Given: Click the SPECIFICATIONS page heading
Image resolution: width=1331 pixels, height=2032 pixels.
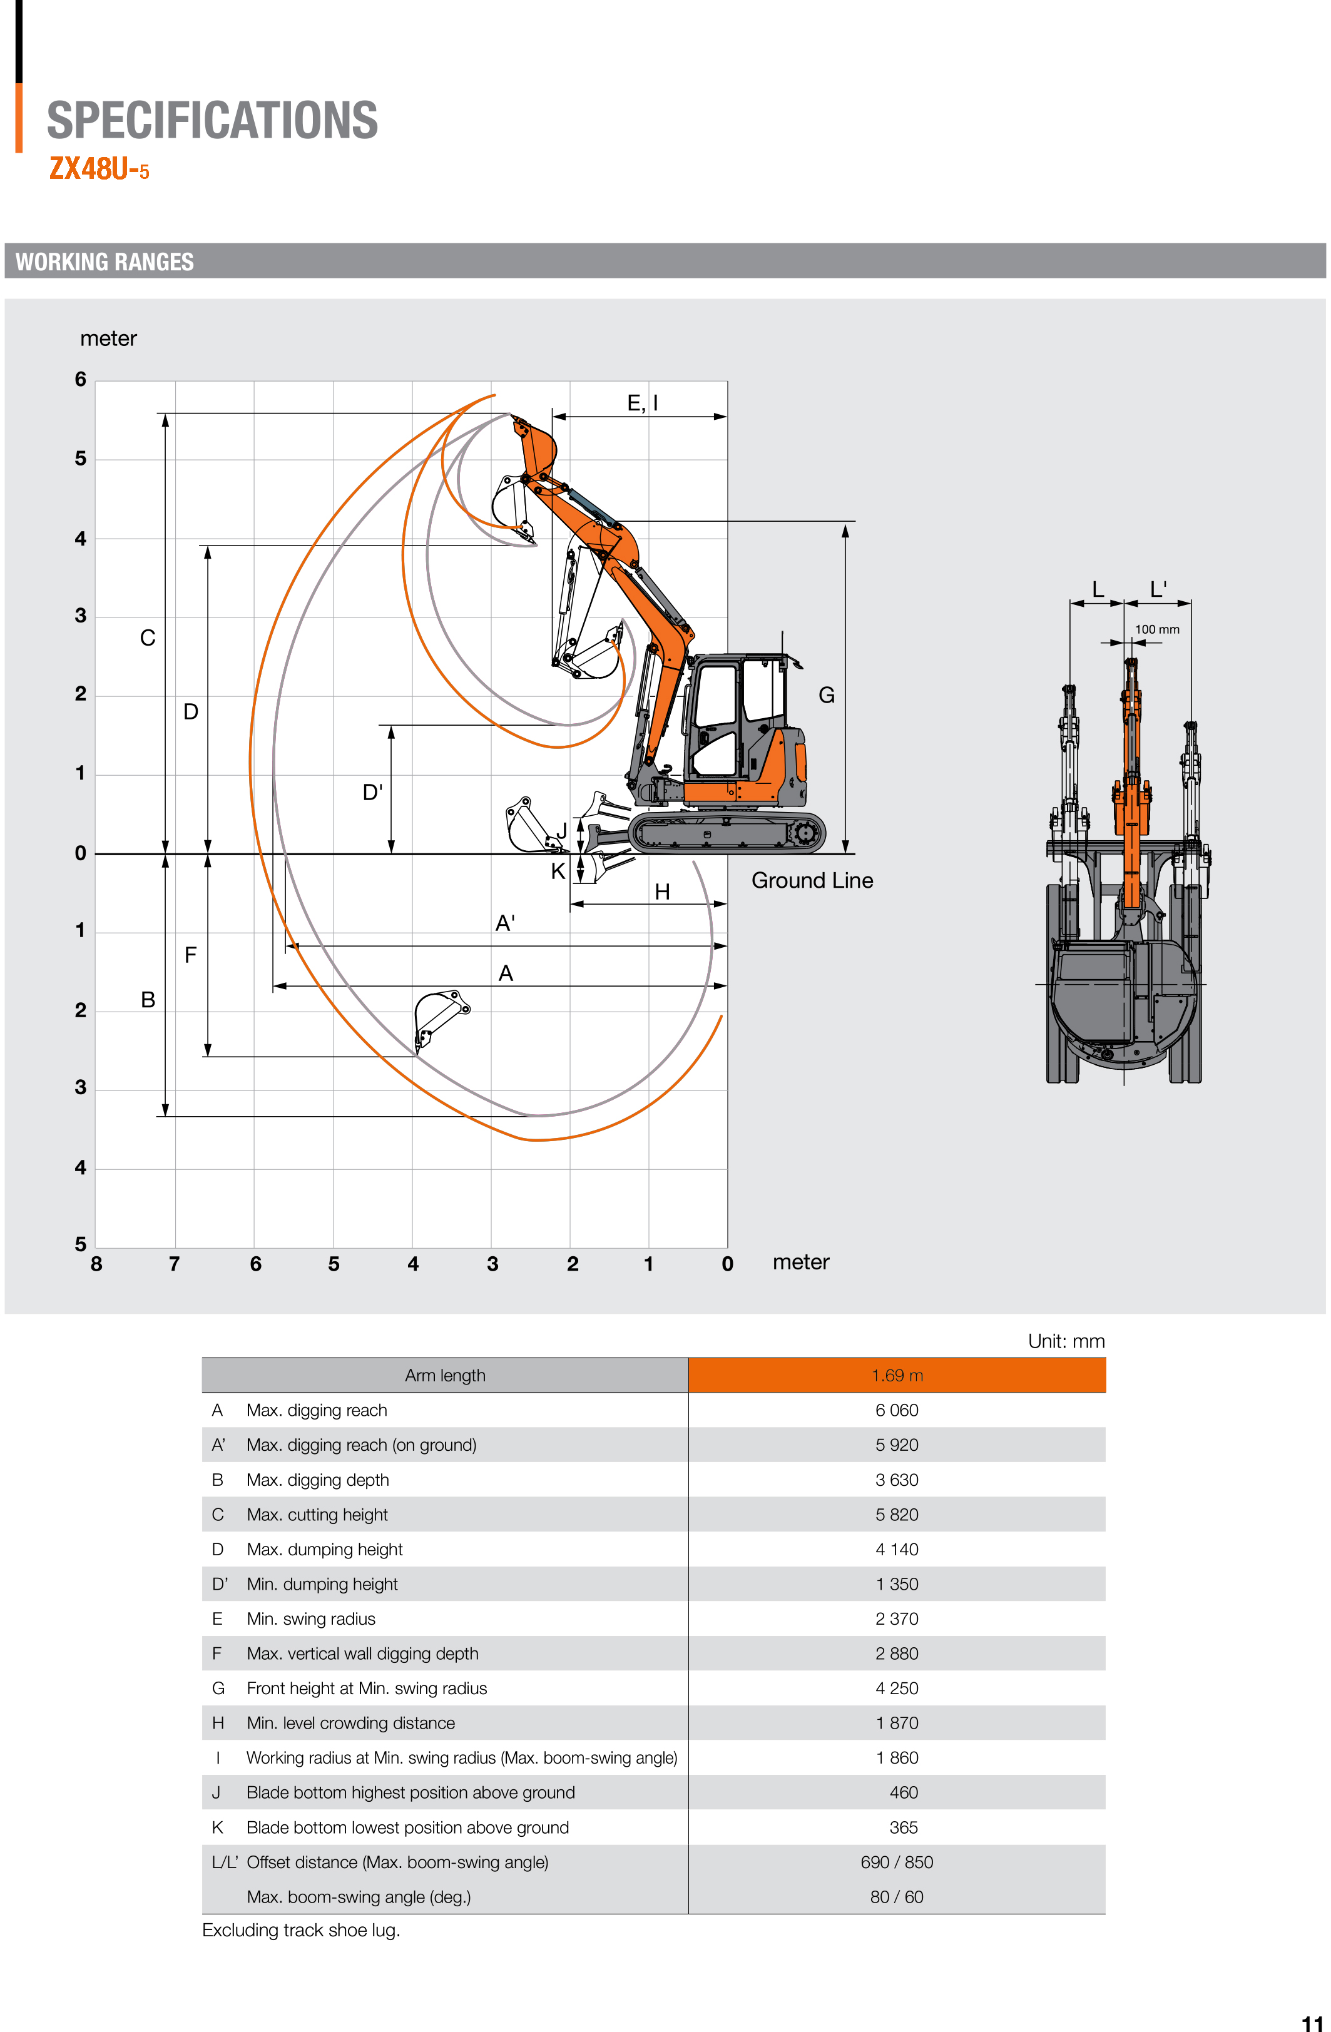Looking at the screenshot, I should coord(212,120).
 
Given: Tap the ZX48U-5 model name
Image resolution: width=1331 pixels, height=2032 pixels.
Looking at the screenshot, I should coord(99,169).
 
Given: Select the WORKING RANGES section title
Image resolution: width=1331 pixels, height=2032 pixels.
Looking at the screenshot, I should coord(104,262).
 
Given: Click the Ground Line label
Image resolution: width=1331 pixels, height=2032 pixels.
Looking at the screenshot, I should coord(811,880).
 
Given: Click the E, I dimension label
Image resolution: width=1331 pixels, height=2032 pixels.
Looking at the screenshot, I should coord(642,403).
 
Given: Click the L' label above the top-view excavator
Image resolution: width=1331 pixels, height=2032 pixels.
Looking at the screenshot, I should coord(1158,589).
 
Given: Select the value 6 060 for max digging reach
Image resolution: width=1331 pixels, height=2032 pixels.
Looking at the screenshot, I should coord(897,1410).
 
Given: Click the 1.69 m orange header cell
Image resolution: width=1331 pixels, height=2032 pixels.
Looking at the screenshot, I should coord(897,1376).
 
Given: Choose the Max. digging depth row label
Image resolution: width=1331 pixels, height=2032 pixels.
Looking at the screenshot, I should coord(318,1480).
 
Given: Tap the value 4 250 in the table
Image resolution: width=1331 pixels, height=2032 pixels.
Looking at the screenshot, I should coord(897,1688).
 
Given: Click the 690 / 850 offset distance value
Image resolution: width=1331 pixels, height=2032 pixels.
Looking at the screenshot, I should coord(897,1862).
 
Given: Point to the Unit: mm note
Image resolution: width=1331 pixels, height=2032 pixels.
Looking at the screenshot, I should coord(1066,1341).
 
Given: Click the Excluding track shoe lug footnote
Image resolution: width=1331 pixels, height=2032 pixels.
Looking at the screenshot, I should coord(300,1931).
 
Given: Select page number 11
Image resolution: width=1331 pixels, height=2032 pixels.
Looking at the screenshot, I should coord(1312,2022).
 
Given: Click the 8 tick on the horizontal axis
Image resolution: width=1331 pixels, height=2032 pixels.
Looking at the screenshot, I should coord(96,1264).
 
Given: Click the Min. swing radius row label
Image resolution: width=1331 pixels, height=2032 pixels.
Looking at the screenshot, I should coord(311,1618).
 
